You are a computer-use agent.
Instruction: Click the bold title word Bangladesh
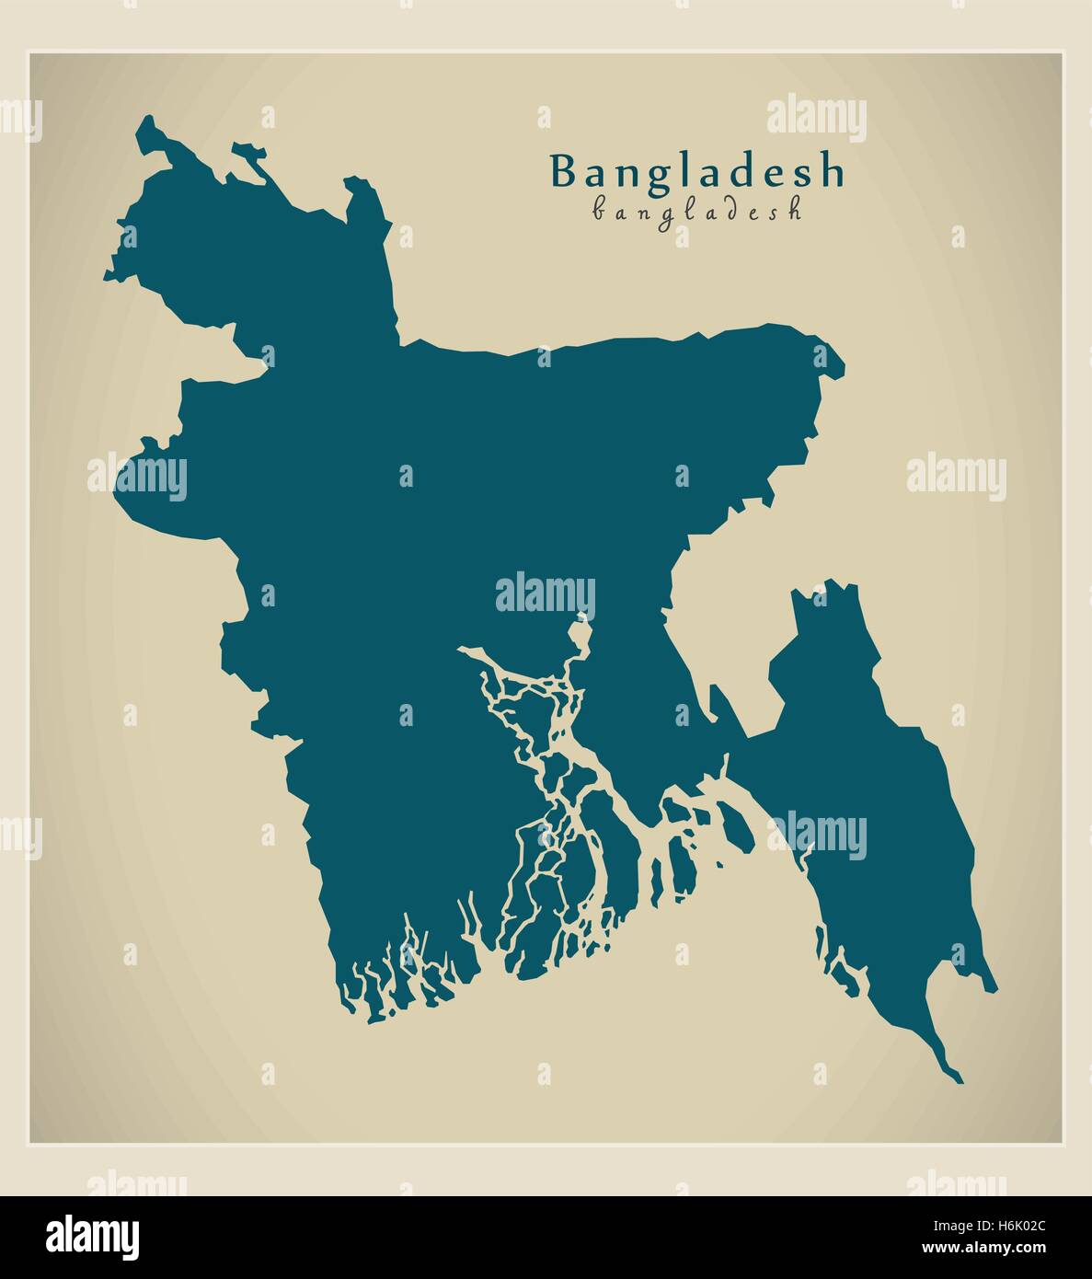pyautogui.click(x=696, y=172)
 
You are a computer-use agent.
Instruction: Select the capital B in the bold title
pyautogui.click(x=563, y=171)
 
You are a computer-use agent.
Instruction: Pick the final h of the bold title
pyautogui.click(x=832, y=171)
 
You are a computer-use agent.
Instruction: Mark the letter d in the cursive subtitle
pyautogui.click(x=724, y=210)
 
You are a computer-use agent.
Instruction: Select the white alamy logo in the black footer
pyautogui.click(x=93, y=1235)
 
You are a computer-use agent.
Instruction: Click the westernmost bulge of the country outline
pyautogui.click(x=118, y=488)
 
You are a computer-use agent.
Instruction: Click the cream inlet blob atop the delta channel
pyautogui.click(x=579, y=636)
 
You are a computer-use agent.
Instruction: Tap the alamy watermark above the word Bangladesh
pyautogui.click(x=816, y=119)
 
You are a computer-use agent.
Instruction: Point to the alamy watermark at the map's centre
pyautogui.click(x=546, y=594)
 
